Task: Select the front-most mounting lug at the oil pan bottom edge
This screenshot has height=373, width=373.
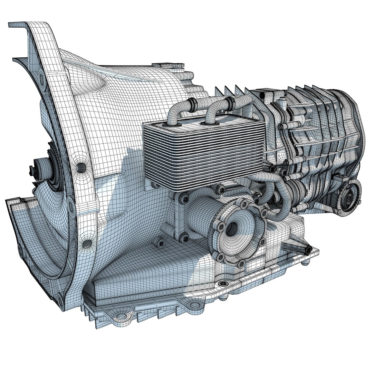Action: click(x=121, y=316)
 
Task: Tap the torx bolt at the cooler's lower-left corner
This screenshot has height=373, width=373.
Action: click(x=185, y=198)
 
